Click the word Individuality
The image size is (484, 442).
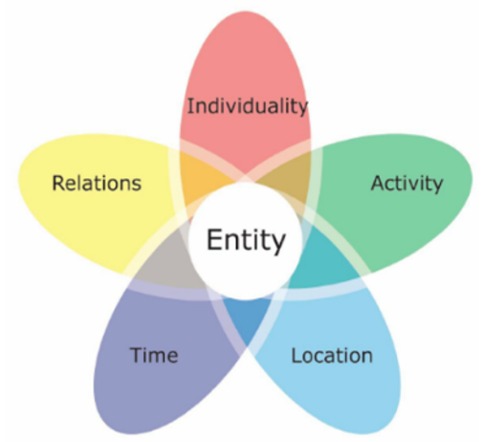tap(247, 106)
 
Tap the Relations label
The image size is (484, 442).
tap(97, 183)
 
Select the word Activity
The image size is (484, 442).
tap(407, 184)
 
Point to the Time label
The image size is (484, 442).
tap(154, 355)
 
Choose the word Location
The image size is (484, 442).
tap(332, 356)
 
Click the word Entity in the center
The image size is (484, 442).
tap(246, 240)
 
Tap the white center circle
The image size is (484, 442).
tap(246, 241)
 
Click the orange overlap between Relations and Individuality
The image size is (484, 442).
tap(204, 177)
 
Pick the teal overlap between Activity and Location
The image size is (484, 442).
tap(322, 258)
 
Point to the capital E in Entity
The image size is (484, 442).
tap(214, 239)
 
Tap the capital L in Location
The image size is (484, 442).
tap(297, 355)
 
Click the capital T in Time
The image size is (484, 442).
tap(137, 355)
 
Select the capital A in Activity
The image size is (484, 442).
tap(379, 183)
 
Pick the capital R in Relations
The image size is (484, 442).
tap(59, 183)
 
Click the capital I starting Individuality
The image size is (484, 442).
tap(189, 106)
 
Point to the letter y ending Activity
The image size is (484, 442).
tap(436, 187)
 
